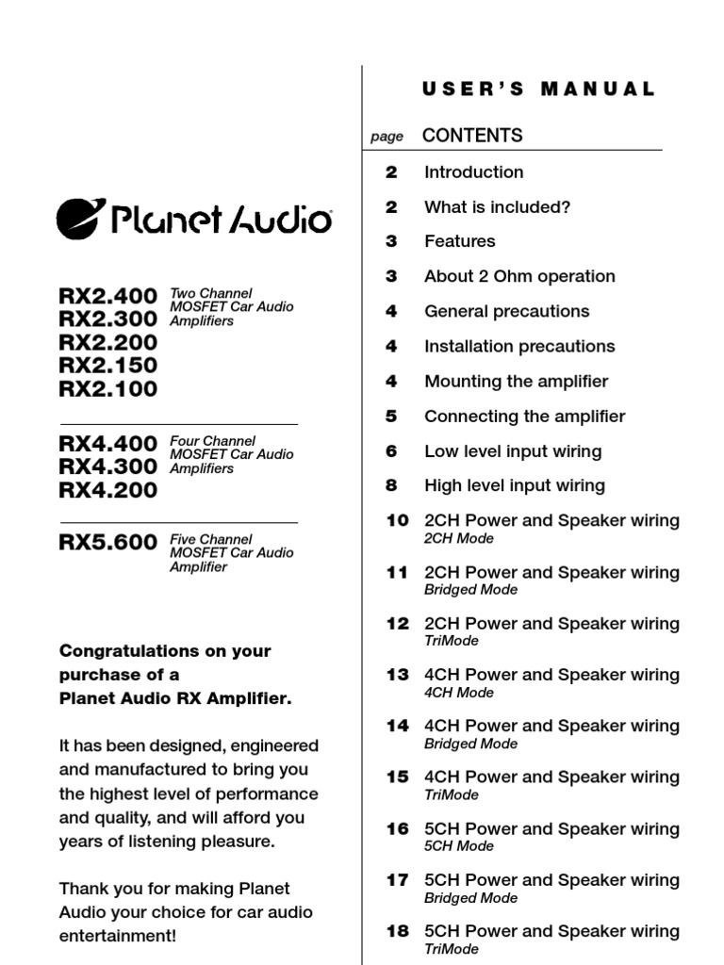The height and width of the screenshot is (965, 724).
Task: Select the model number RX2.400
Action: pyautogui.click(x=107, y=296)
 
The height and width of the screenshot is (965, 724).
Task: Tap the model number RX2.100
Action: pyautogui.click(x=107, y=388)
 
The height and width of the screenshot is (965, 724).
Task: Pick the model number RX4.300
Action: pyautogui.click(x=107, y=466)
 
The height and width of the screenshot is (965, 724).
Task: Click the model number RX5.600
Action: pyautogui.click(x=107, y=542)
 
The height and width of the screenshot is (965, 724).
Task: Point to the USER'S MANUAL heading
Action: pyautogui.click(x=538, y=90)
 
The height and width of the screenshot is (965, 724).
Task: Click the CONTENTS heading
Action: pyautogui.click(x=471, y=136)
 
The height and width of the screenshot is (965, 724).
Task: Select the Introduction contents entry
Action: pyautogui.click(x=473, y=172)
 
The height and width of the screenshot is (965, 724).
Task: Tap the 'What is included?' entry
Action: pyautogui.click(x=497, y=207)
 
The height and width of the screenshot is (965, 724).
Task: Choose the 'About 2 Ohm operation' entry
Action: pyautogui.click(x=519, y=277)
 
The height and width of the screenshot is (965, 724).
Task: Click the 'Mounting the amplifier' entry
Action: pyautogui.click(x=516, y=382)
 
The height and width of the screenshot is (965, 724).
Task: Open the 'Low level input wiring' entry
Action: pyautogui.click(x=512, y=451)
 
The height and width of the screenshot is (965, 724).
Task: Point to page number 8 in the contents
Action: pyautogui.click(x=391, y=486)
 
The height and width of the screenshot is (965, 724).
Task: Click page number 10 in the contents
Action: pyautogui.click(x=397, y=521)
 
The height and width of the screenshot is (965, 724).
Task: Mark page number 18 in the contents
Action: pyautogui.click(x=397, y=931)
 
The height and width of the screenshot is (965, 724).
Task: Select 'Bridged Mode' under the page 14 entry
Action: pyautogui.click(x=470, y=744)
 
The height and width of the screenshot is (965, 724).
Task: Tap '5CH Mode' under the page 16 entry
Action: pyautogui.click(x=458, y=846)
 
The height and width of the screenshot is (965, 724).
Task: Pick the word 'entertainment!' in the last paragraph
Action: pyautogui.click(x=117, y=937)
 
